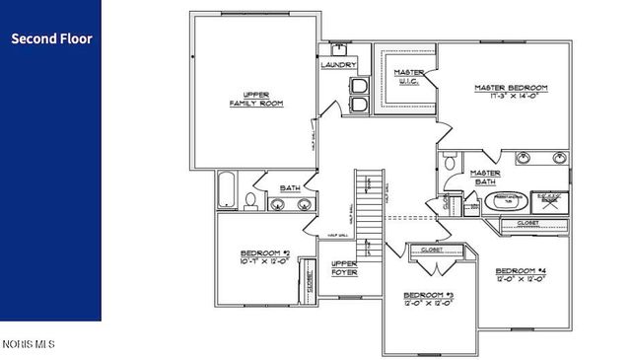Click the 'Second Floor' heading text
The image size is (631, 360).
click(x=51, y=39)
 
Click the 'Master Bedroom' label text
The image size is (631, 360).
click(x=510, y=92)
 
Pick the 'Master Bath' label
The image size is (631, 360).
click(x=485, y=177)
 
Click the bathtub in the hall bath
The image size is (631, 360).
click(x=227, y=190)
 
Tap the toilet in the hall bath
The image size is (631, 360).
click(x=250, y=201)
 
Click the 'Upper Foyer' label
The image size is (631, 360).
click(x=344, y=268)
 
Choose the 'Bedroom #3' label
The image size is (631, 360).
click(x=428, y=300)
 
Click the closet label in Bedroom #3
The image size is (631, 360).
click(x=431, y=251)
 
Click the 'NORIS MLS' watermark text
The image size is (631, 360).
click(x=29, y=344)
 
